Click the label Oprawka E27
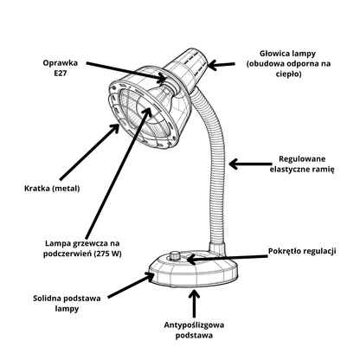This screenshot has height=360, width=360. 61,68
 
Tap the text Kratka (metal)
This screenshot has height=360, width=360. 52,189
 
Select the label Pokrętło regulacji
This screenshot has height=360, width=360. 302,251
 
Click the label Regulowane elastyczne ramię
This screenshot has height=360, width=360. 302,164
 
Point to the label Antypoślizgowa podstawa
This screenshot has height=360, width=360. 194,331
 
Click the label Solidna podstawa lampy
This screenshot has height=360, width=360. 67,304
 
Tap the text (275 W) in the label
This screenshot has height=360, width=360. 109,254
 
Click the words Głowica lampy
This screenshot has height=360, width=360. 287,54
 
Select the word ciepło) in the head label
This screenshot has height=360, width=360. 288,74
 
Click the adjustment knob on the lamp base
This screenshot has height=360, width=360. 175,255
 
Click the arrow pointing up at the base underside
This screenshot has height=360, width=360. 195,304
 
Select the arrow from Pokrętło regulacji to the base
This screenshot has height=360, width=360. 228,258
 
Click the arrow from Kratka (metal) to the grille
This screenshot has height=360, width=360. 89,151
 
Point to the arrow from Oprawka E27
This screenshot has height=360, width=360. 126,71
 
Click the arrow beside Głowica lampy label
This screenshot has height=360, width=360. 222,65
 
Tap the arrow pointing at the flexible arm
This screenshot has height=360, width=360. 250,164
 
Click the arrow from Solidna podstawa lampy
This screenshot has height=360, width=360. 131,285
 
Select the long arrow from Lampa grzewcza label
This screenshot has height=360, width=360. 119,172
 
